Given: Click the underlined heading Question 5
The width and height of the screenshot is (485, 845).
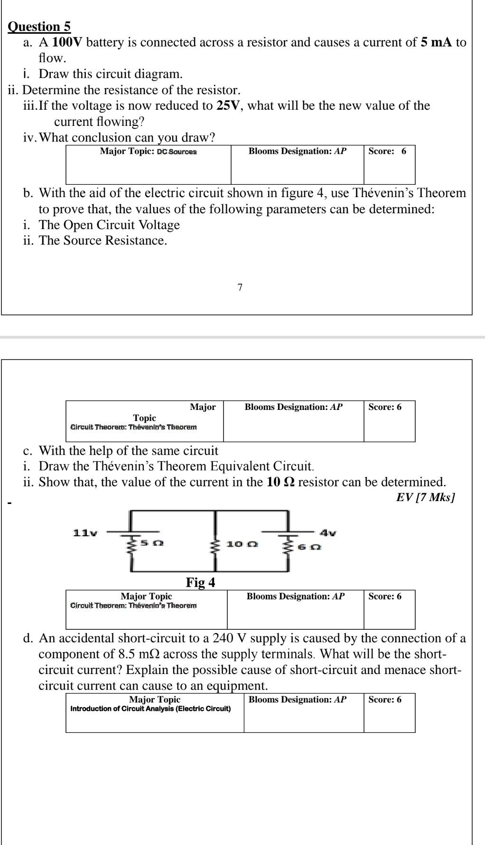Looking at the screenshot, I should click(39, 27).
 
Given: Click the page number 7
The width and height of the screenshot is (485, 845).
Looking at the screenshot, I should click(240, 287).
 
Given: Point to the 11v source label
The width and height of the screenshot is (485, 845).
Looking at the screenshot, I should click(84, 532).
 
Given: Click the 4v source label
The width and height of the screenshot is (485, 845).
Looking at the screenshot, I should click(328, 533).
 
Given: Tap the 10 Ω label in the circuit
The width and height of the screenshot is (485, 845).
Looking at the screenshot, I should click(242, 544).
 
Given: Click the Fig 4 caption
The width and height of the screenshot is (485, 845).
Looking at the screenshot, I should click(200, 582).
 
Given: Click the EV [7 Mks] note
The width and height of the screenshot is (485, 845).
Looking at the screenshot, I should click(425, 497).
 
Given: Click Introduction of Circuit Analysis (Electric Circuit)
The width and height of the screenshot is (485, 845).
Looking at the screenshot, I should click(150, 709).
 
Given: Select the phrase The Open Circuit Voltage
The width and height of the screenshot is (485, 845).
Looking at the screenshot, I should click(109, 225).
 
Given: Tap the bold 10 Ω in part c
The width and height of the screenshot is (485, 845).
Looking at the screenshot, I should click(280, 482).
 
